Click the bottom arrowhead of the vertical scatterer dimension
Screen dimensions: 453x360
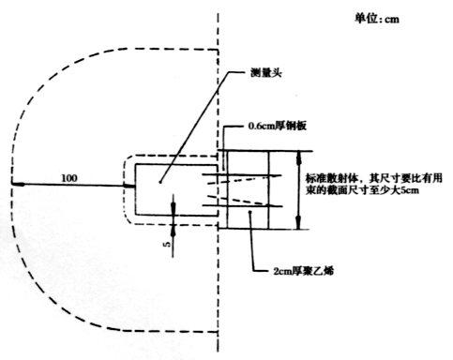[x=298, y=225]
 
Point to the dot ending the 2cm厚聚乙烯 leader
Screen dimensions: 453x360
[x=250, y=213]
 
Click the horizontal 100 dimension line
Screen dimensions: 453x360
[x=75, y=185]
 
